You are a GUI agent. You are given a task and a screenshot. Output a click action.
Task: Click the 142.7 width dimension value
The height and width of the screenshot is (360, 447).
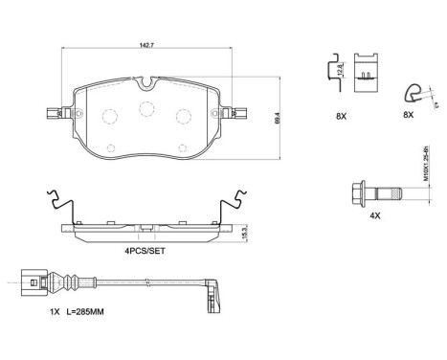145,44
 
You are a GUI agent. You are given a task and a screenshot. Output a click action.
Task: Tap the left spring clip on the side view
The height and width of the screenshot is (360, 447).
58,207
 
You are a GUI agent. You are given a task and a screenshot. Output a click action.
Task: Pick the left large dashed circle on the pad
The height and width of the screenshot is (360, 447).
108,118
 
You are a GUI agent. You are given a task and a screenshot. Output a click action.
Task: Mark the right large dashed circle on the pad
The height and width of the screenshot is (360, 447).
182,117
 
